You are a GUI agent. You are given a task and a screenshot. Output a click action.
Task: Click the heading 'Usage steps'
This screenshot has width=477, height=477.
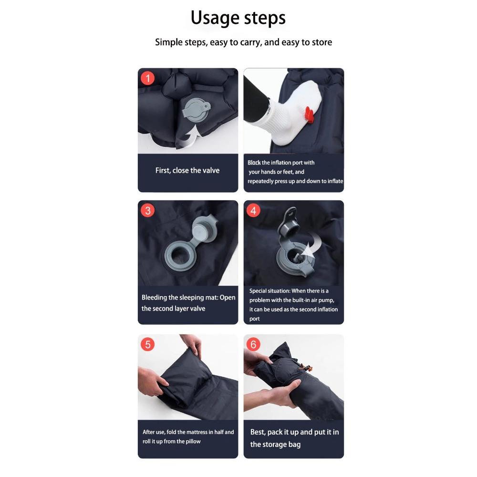[238, 18]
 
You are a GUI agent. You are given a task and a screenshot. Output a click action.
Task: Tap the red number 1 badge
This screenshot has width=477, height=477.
[148, 79]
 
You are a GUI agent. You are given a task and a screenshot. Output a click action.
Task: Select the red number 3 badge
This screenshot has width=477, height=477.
[148, 210]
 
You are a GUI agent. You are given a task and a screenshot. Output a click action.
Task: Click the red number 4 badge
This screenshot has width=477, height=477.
[253, 210]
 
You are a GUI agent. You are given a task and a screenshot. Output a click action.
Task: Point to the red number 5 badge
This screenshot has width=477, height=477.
[148, 344]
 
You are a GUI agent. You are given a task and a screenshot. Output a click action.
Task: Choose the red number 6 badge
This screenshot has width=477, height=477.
[253, 344]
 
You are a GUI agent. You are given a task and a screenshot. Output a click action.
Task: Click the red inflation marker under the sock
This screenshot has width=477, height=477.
[309, 114]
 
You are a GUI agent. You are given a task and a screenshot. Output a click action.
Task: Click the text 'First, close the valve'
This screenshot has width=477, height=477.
[187, 170]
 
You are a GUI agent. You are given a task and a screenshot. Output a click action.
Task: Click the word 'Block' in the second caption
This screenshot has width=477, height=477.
[254, 163]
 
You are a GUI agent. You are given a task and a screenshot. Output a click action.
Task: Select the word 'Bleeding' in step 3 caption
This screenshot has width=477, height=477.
[154, 298]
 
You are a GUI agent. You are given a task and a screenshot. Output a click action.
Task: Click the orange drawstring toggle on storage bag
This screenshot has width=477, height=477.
[308, 368]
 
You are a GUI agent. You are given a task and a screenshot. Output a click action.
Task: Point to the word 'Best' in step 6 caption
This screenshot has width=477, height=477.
[258, 432]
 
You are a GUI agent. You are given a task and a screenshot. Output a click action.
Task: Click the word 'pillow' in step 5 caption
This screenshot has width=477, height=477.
[193, 441]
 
